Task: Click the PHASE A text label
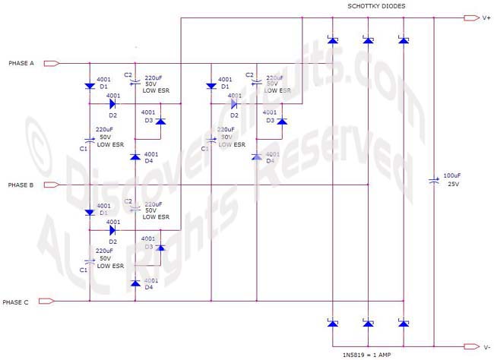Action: click(21, 63)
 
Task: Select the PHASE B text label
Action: click(21, 185)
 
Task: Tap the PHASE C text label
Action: click(17, 302)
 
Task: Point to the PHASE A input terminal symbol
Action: click(52, 63)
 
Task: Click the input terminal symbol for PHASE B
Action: click(52, 185)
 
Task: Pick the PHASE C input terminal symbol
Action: click(46, 302)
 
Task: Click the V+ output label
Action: click(486, 17)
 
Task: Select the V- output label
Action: click(486, 347)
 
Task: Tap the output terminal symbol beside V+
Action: click(468, 17)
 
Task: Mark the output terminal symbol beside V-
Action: click(468, 347)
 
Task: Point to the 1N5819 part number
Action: click(354, 354)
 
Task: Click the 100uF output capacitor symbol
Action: click(434, 180)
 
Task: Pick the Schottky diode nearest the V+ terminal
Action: click(403, 40)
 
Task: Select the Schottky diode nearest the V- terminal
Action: click(403, 324)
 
